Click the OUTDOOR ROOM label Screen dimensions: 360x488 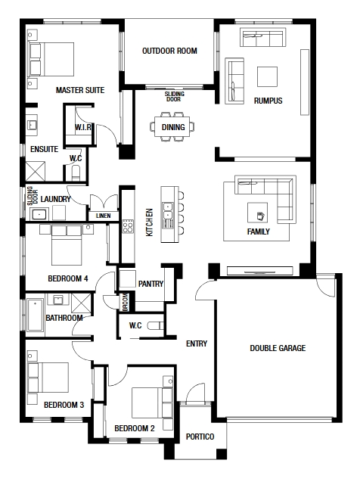169,51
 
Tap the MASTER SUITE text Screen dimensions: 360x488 80,90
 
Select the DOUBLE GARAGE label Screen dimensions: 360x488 278,348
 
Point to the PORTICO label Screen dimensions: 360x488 200,437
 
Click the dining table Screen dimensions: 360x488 172,126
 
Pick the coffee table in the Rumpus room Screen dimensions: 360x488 267,76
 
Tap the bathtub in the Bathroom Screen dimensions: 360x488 35,315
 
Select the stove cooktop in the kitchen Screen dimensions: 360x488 128,226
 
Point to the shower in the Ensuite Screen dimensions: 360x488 35,171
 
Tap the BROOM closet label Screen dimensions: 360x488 125,302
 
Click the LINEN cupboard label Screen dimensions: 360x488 104,216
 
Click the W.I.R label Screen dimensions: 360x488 83,127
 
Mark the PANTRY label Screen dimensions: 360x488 151,284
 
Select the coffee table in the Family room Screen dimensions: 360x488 257,213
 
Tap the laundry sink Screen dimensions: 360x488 39,214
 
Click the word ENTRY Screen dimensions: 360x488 197,343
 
